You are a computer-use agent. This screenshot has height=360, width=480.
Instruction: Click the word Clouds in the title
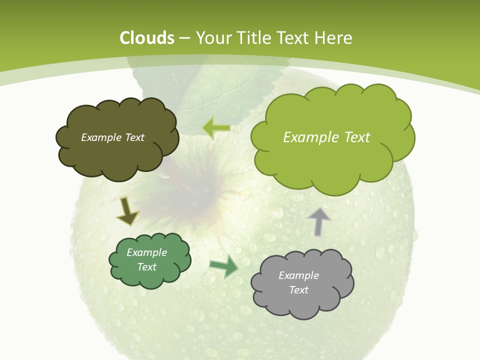click(x=147, y=38)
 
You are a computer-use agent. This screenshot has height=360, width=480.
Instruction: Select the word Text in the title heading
click(x=296, y=38)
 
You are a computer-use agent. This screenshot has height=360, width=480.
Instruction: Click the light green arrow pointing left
click(x=216, y=128)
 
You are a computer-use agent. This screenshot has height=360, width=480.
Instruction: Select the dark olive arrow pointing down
click(x=127, y=212)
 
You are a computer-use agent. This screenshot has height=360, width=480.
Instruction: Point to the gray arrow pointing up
click(x=319, y=221)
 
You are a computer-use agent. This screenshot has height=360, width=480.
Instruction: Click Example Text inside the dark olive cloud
click(x=112, y=137)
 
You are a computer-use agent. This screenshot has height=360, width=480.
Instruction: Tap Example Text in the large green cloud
click(x=326, y=137)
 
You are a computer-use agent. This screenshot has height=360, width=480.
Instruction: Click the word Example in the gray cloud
click(x=298, y=275)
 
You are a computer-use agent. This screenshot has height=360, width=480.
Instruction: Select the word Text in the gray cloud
click(x=298, y=290)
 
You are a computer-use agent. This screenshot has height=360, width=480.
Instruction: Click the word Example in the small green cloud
click(x=146, y=252)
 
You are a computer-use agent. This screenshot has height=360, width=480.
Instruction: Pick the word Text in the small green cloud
click(x=146, y=267)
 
